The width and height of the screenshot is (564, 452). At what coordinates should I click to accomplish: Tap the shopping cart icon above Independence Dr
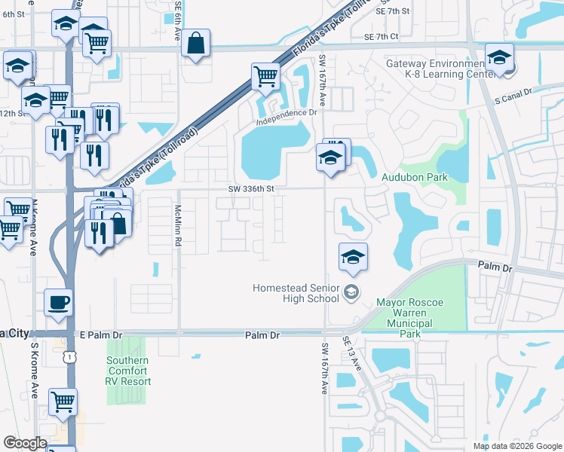click(266, 76)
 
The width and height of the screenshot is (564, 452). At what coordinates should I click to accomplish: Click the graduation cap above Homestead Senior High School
click(353, 258)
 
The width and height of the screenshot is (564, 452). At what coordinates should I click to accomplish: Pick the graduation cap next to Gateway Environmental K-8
click(499, 58)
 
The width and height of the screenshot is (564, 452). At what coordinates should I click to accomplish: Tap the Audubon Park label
click(415, 178)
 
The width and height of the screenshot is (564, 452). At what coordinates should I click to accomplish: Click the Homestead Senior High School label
click(296, 293)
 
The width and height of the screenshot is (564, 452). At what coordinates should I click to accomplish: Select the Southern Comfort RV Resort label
click(128, 371)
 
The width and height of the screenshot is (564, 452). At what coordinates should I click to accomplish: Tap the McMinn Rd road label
click(179, 230)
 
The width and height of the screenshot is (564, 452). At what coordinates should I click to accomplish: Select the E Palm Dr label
click(95, 334)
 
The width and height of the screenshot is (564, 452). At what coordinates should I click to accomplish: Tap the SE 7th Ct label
click(380, 36)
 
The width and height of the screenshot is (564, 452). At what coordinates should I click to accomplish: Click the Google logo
click(25, 443)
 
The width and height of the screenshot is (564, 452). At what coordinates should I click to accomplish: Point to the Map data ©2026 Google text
click(516, 446)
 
